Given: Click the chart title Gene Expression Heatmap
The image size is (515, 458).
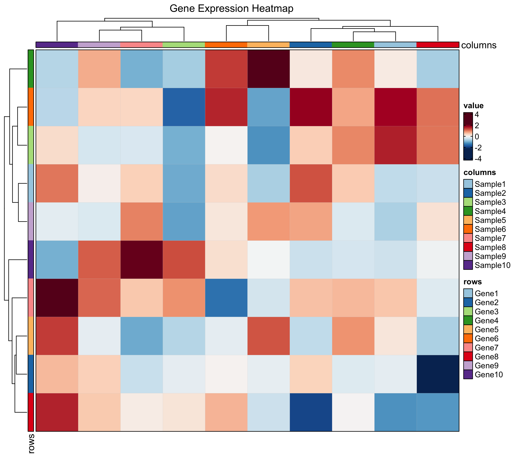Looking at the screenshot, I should [x=231, y=9].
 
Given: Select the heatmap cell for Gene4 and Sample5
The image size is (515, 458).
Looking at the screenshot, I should [x=268, y=69].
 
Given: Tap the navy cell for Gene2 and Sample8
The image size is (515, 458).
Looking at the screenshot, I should [x=438, y=374].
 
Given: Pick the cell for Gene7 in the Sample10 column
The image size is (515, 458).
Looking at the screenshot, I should [x=57, y=298].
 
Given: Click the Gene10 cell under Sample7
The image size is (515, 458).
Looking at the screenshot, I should [x=142, y=259].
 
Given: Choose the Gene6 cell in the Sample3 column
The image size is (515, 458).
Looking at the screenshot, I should [x=184, y=107].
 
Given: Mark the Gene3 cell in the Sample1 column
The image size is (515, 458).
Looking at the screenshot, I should [x=395, y=145].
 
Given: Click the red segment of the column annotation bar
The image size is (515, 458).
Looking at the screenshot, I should [x=438, y=45].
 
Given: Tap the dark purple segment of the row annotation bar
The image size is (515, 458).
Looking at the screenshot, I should [x=31, y=259].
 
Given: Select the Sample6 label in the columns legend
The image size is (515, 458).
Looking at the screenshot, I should [x=490, y=229].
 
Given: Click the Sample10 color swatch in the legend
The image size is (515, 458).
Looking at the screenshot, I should [x=468, y=265].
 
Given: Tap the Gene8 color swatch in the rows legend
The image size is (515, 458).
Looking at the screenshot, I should [x=468, y=356].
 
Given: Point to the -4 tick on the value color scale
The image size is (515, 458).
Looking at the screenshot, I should [x=478, y=159].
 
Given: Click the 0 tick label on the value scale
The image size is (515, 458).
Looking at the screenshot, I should [x=477, y=137].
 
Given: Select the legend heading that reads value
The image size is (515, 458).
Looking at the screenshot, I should [x=473, y=106].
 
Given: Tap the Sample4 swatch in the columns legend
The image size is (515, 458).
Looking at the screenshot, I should [x=468, y=211].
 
